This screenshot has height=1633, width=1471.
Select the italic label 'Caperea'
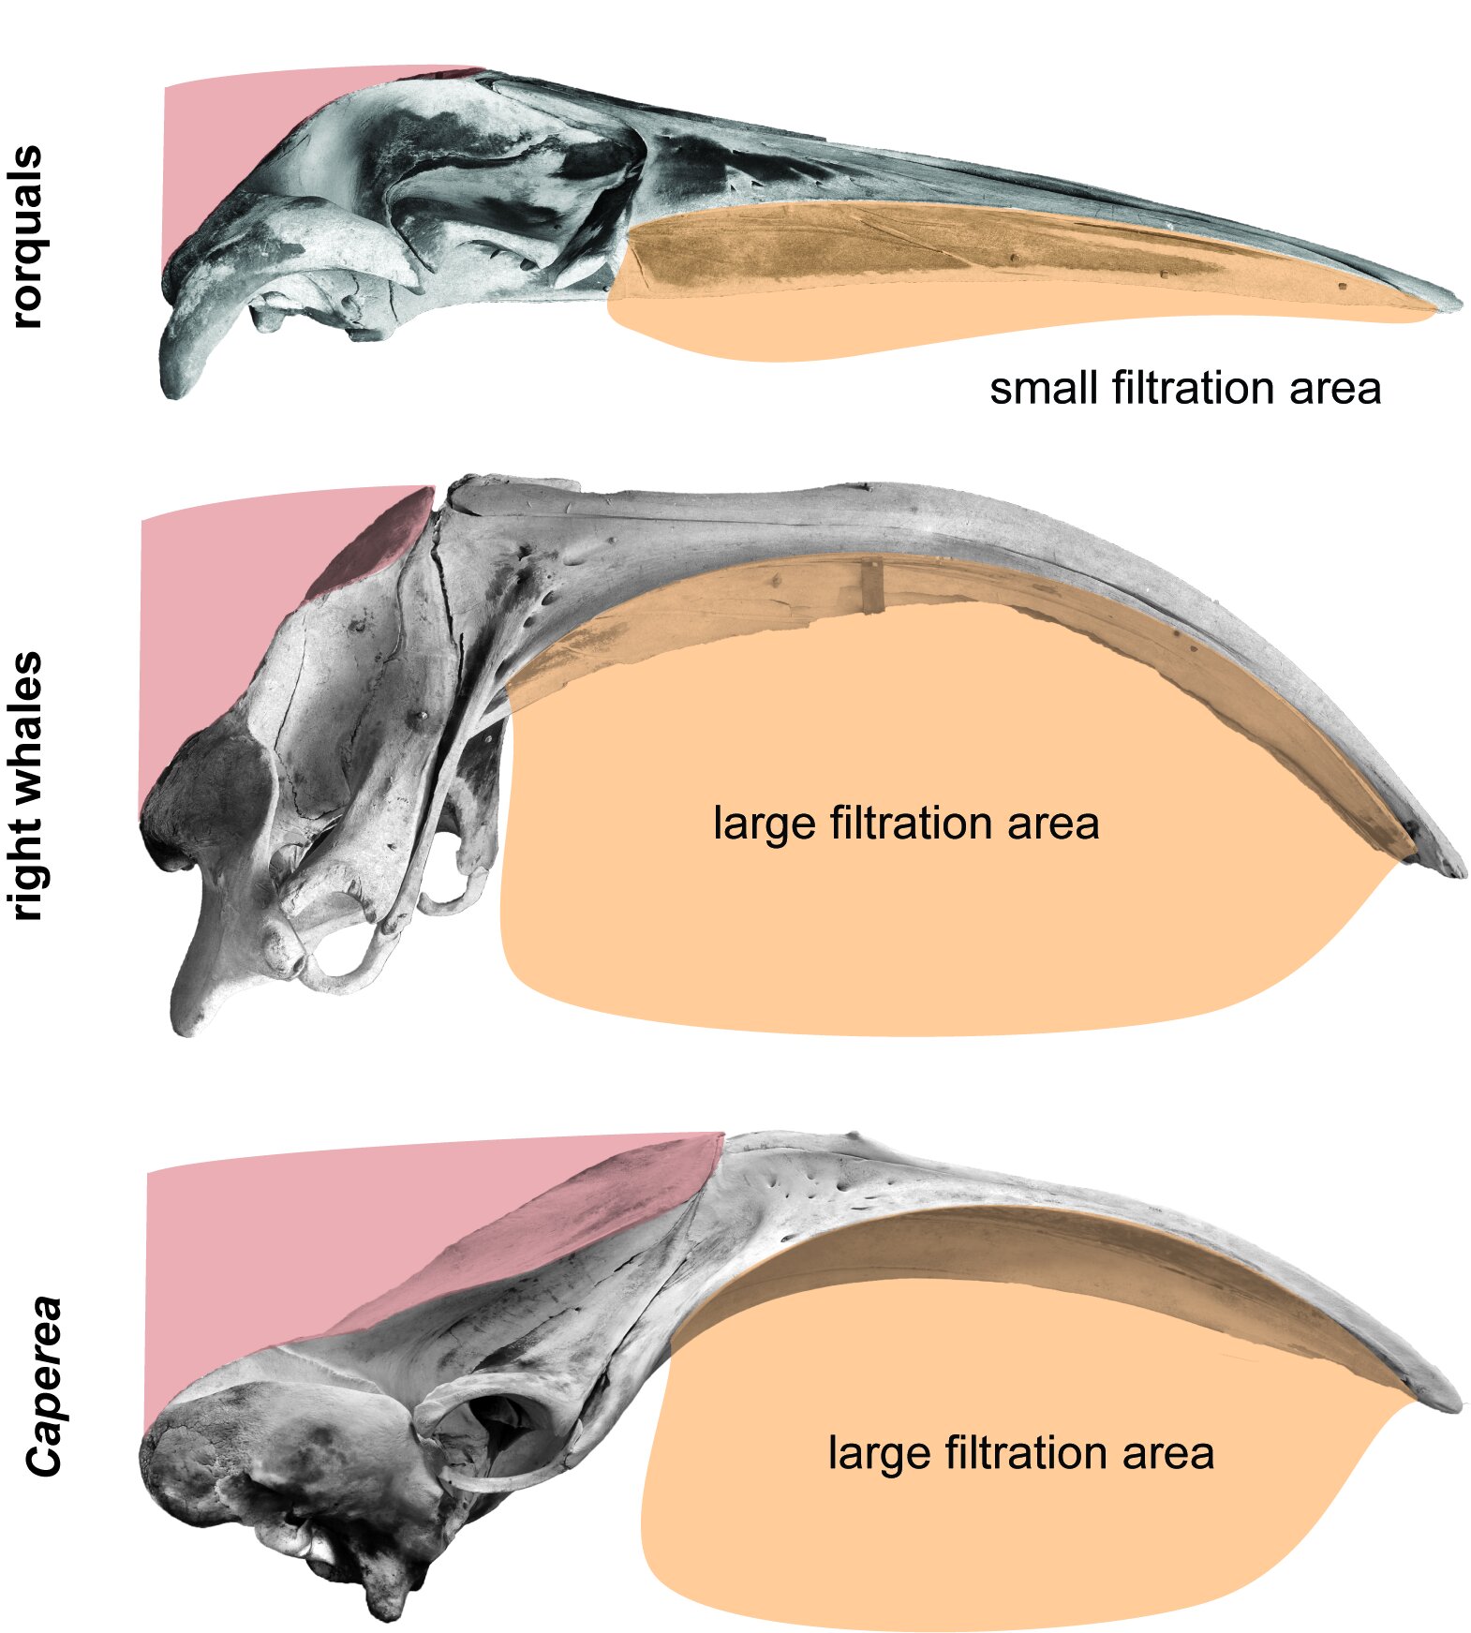pos(43,1386)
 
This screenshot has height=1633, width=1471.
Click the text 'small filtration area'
pos(1184,388)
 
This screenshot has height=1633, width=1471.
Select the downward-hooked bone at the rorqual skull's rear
pos(187,347)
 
